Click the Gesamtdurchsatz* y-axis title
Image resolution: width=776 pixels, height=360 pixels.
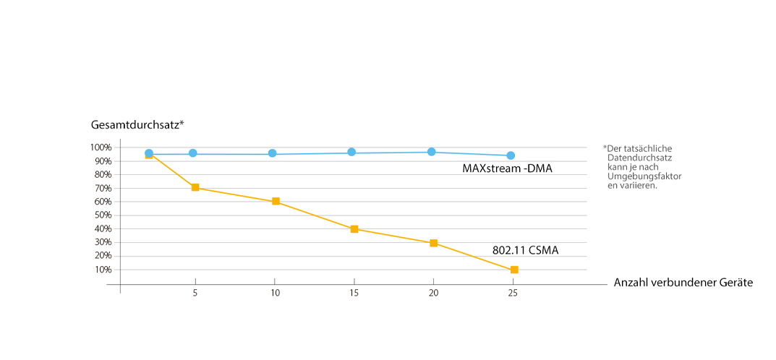coord(137,124)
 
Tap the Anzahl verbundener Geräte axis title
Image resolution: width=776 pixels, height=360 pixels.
coord(683,283)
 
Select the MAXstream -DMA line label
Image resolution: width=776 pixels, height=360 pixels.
coord(507,168)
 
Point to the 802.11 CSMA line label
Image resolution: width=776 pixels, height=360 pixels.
coord(525,251)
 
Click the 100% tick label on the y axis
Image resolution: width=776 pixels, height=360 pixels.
coord(101,147)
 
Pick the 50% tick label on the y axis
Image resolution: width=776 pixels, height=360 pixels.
coord(103,215)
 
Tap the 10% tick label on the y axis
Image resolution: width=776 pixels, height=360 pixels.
coord(103,270)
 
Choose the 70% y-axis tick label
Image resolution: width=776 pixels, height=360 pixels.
coord(103,188)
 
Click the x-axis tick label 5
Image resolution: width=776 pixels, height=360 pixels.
coord(195,294)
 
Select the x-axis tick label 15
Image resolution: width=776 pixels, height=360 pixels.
coord(354,294)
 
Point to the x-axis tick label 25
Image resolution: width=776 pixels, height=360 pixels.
coord(513,294)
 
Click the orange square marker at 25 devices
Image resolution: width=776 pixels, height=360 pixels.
coord(514,270)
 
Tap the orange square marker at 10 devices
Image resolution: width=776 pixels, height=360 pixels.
coord(276,201)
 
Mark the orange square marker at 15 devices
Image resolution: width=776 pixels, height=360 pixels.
coord(354,229)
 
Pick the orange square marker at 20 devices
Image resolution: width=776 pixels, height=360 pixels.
coord(433,243)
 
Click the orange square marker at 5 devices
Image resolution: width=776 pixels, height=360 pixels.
coord(195,187)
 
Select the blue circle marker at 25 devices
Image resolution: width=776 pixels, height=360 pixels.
coord(511,155)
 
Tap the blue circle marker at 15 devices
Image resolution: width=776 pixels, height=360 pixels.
coord(351,152)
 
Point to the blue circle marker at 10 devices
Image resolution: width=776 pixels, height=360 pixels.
coord(273,153)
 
